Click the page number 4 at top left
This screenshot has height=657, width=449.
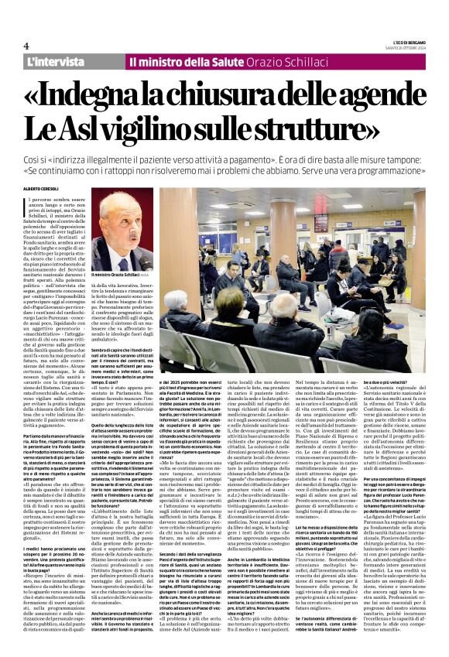tap(26, 46)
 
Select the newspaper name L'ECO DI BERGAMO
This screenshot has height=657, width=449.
tap(405, 42)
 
